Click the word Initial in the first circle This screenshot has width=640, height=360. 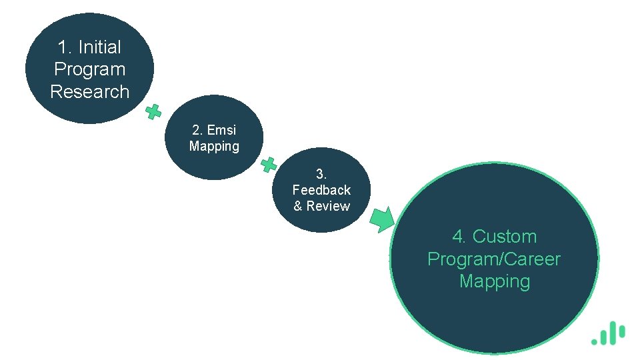coord(99,47)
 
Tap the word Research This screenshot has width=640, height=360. coord(89,91)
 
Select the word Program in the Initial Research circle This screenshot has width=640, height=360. coord(89,69)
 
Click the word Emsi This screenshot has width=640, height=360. coord(222,130)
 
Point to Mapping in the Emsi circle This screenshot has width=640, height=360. coord(214,146)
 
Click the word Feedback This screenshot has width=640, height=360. coord(321,190)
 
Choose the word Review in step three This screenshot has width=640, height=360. coord(328,206)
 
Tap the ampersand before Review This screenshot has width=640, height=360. coord(298,206)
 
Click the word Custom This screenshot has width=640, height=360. coord(505,237)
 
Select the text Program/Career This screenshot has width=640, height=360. coord(494,259)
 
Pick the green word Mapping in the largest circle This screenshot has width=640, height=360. coord(494,281)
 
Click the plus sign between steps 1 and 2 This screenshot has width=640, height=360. coord(153,112)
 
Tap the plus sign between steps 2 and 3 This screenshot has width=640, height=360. coord(269,164)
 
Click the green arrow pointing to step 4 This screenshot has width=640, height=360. coord(383,219)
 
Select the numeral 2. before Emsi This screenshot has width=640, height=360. coord(197,130)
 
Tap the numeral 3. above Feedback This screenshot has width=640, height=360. coord(321,174)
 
